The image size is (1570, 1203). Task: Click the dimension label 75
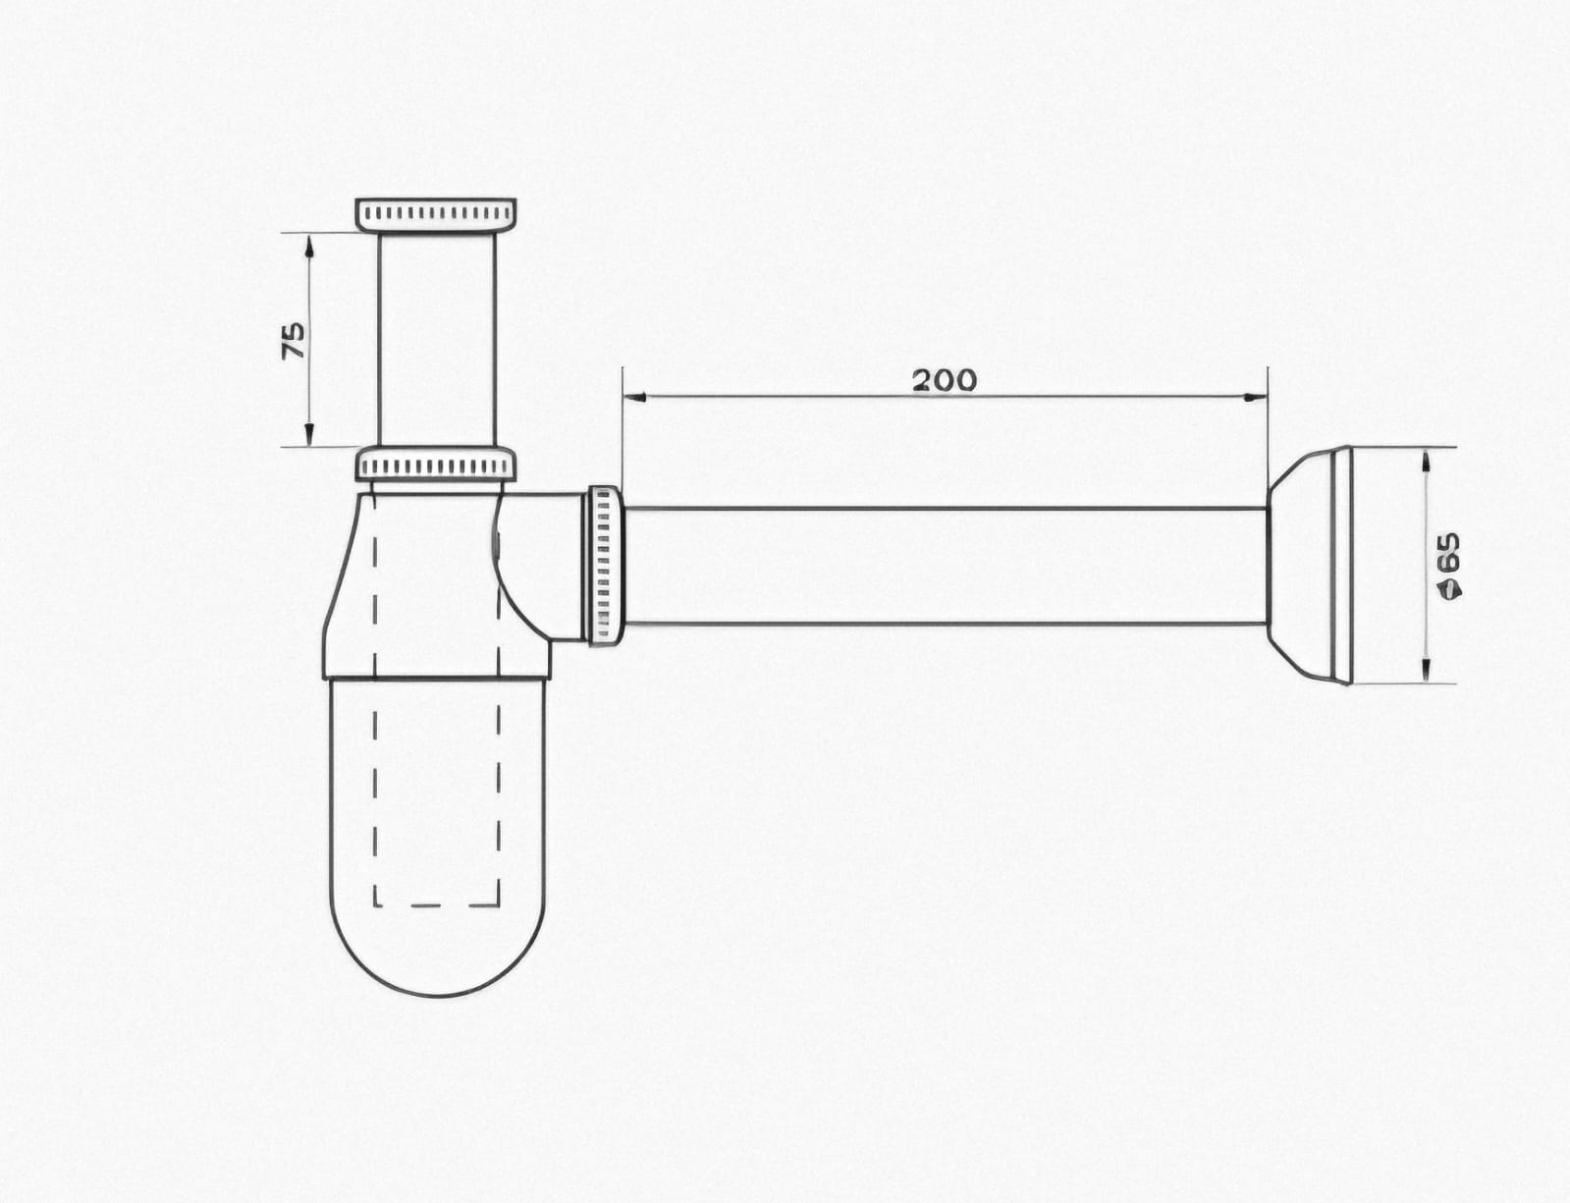point(294,341)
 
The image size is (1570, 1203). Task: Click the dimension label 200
point(945,380)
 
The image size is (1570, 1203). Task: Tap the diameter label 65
point(1448,553)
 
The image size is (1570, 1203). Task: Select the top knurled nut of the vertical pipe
point(436,215)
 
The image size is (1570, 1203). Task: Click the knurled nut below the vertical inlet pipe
point(436,464)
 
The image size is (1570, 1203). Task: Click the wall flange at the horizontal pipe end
point(1309,565)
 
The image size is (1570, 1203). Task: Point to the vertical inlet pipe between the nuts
point(437,340)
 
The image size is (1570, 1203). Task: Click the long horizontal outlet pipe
point(945,566)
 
